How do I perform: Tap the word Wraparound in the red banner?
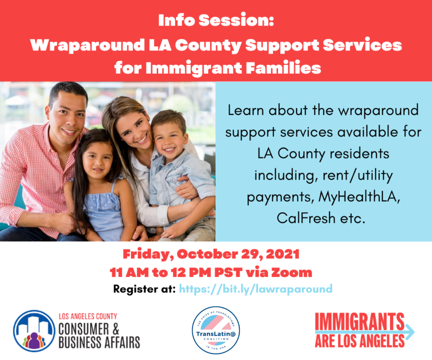pyautogui.click(x=87, y=45)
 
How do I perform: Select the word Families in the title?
pyautogui.click(x=284, y=68)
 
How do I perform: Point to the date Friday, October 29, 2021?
pyautogui.click(x=211, y=254)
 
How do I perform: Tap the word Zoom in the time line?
pyautogui.click(x=292, y=272)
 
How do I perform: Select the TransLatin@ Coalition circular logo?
pyautogui.click(x=216, y=330)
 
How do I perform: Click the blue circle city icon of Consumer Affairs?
pyautogui.click(x=34, y=331)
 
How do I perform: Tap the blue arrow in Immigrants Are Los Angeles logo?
pyautogui.click(x=410, y=331)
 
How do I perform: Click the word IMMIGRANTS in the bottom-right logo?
pyautogui.click(x=360, y=322)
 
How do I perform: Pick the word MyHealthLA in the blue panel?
pyautogui.click(x=359, y=197)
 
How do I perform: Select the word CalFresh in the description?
pyautogui.click(x=306, y=218)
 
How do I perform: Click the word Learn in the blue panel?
pyautogui.click(x=246, y=110)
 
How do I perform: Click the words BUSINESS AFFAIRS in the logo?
pyautogui.click(x=99, y=343)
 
